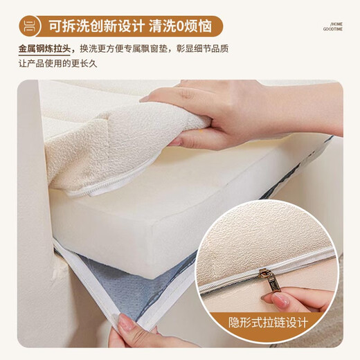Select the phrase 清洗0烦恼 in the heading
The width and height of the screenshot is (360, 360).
tap(183, 27)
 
